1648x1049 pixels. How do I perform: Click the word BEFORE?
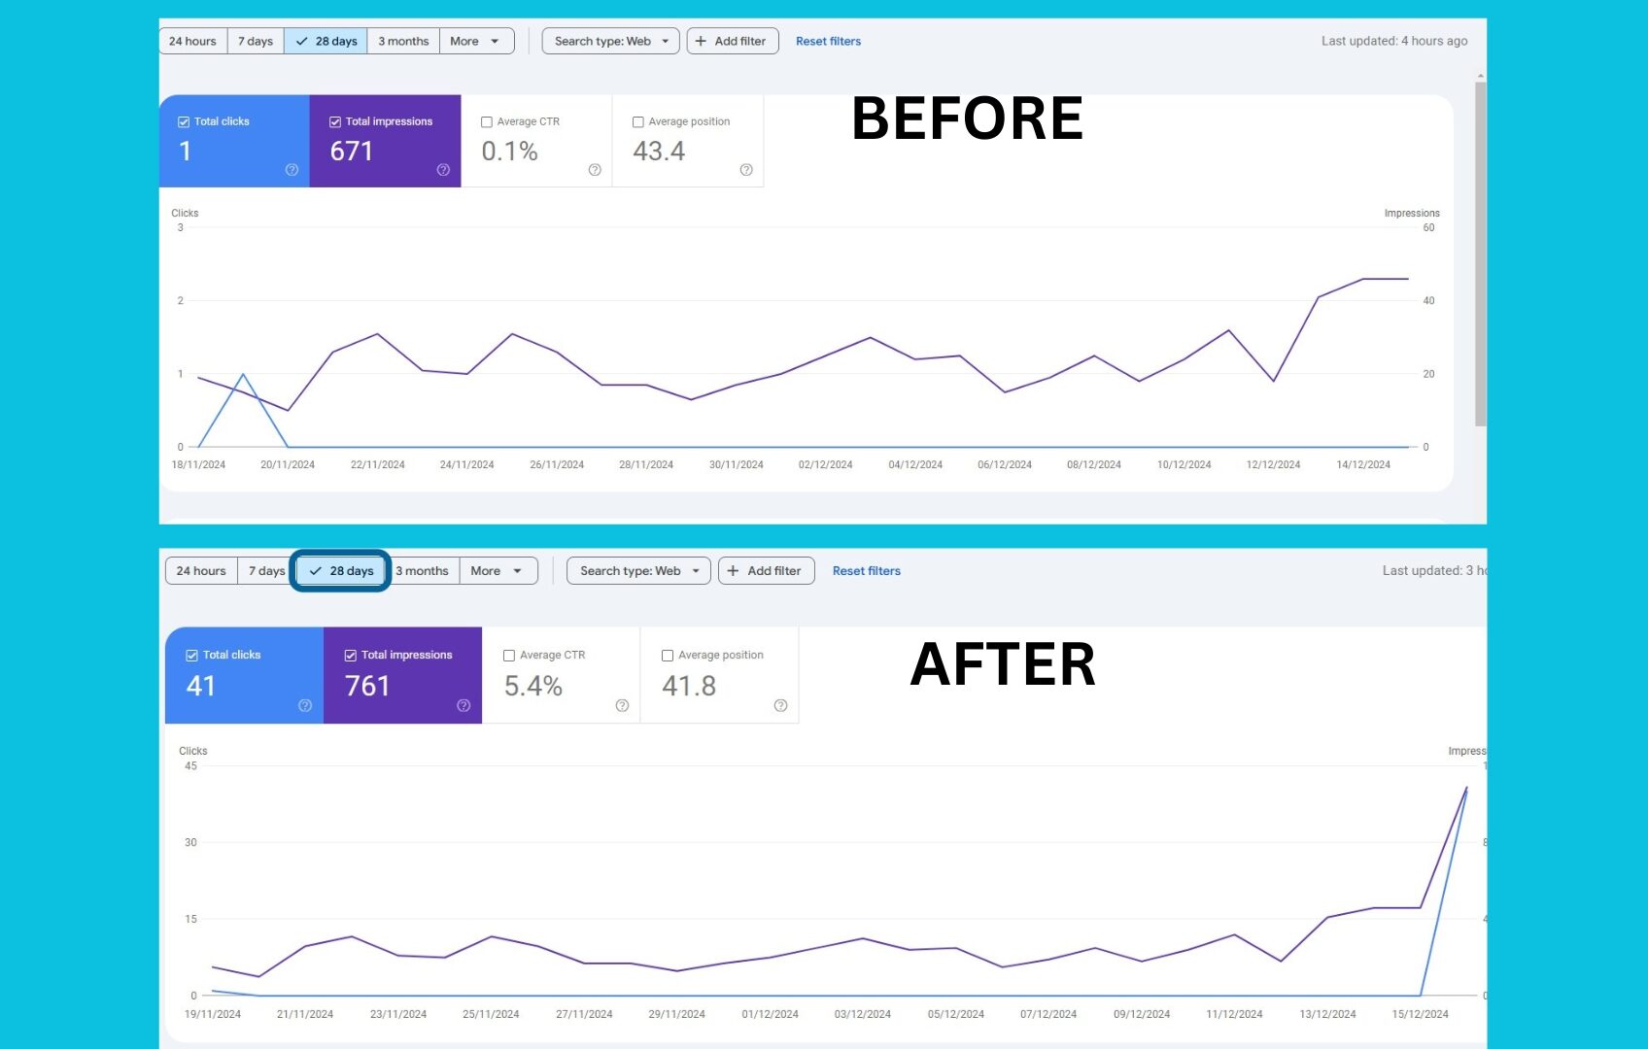(x=967, y=118)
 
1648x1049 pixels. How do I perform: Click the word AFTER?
(x=1003, y=665)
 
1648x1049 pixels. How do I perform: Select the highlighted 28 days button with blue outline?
(x=341, y=571)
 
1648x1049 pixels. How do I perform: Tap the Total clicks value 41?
(x=201, y=686)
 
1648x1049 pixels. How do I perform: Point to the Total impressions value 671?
(x=352, y=152)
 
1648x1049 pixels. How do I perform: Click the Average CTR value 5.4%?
(x=533, y=686)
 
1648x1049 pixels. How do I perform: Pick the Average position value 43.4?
(x=659, y=152)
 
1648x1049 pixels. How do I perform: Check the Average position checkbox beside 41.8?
(x=668, y=656)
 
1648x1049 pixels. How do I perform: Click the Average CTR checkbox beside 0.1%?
(x=487, y=122)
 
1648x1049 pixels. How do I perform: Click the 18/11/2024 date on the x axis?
(x=198, y=464)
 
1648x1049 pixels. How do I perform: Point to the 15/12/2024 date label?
(x=1420, y=1014)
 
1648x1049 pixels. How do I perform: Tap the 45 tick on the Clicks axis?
(x=190, y=766)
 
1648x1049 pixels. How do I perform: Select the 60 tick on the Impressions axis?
(x=1428, y=228)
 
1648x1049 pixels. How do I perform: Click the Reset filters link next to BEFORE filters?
(x=828, y=42)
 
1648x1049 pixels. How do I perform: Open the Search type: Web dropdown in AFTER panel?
(x=638, y=571)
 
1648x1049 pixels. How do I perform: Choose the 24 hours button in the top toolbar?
(x=192, y=42)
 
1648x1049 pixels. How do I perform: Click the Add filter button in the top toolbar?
(x=732, y=42)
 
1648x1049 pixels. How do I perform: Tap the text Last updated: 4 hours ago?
(x=1393, y=42)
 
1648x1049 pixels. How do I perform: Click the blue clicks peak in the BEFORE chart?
(x=243, y=375)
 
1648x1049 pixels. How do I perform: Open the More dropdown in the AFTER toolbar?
(x=497, y=571)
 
